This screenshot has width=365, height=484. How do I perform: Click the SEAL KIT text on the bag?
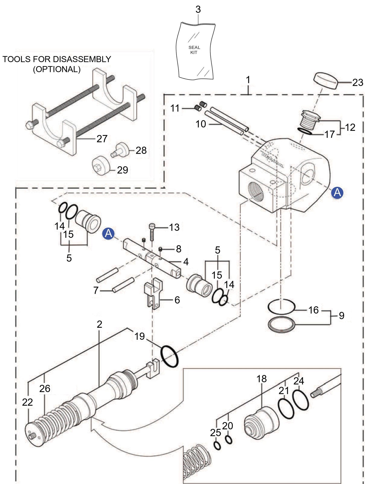tap(194, 50)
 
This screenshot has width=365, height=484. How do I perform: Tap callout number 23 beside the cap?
tap(358, 83)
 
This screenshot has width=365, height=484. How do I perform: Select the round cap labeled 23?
tap(326, 81)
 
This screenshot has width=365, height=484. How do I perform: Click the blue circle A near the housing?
tap(337, 193)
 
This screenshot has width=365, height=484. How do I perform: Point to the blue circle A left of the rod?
tap(108, 233)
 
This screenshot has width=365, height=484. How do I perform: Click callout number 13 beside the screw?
tap(174, 227)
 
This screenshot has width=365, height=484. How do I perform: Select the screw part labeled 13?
tap(152, 232)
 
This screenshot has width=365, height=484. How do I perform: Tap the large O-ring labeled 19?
tap(169, 356)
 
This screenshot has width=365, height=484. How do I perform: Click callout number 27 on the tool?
tap(102, 139)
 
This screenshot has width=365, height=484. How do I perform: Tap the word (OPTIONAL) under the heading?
tap(57, 69)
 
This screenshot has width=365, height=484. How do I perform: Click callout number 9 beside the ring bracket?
tap(341, 315)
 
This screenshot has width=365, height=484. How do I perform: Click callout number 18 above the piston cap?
tap(261, 379)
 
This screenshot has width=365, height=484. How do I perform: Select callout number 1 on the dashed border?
tap(248, 80)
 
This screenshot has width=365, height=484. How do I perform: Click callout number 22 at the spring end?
tap(27, 402)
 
